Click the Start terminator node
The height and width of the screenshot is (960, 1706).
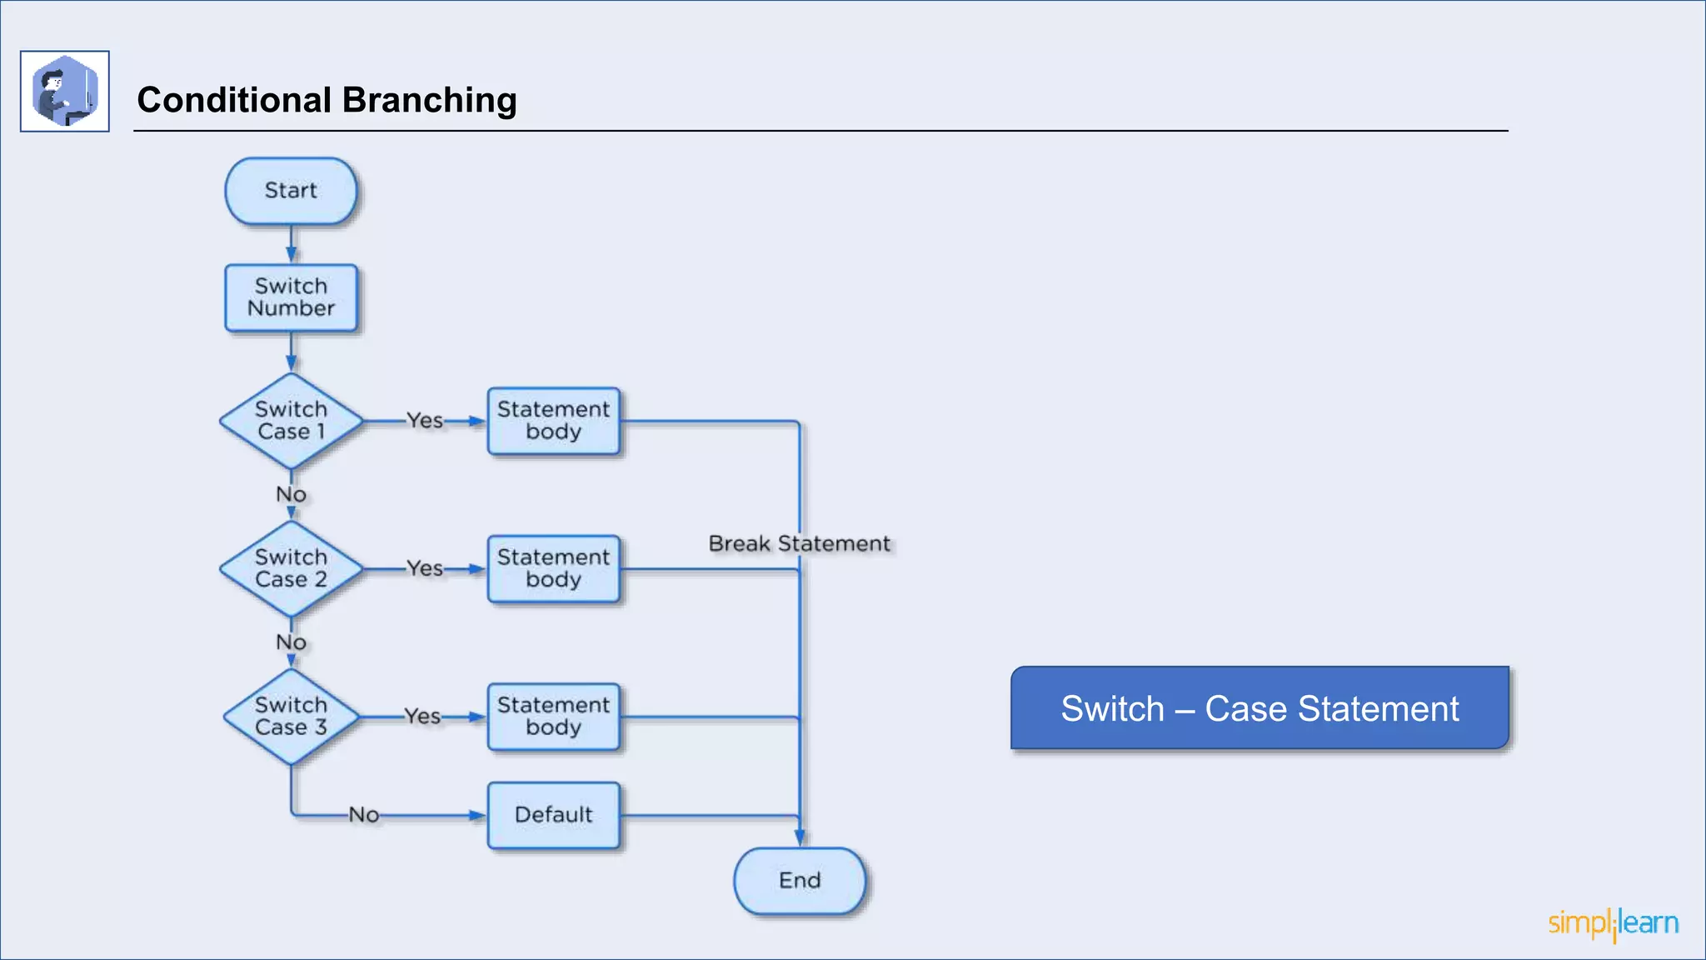pyautogui.click(x=291, y=191)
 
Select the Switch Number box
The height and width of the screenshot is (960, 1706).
pyautogui.click(x=291, y=297)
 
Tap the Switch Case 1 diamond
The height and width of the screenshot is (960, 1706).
pyautogui.click(x=291, y=421)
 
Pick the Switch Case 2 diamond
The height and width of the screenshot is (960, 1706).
pyautogui.click(x=291, y=568)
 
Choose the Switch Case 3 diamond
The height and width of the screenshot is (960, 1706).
pyautogui.click(x=291, y=717)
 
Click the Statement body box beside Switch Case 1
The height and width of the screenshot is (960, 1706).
pyautogui.click(x=553, y=421)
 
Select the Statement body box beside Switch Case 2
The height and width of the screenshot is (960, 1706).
pyautogui.click(x=553, y=568)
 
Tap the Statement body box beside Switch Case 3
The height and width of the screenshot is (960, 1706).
pyautogui.click(x=553, y=717)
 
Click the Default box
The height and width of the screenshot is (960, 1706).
pyautogui.click(x=553, y=815)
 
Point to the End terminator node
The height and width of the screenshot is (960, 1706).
pyautogui.click(x=799, y=881)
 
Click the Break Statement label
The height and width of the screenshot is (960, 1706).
pyautogui.click(x=799, y=544)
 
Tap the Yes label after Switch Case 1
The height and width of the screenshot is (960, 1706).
pyautogui.click(x=424, y=421)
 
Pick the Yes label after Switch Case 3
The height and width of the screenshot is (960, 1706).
pyautogui.click(x=422, y=717)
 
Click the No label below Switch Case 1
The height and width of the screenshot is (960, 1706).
pyautogui.click(x=291, y=495)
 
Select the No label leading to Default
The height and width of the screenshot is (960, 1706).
pyautogui.click(x=364, y=815)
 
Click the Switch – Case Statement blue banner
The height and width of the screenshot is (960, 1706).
pyautogui.click(x=1260, y=708)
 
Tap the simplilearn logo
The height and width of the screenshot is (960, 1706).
pyautogui.click(x=1613, y=924)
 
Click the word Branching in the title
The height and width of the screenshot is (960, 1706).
pyautogui.click(x=429, y=100)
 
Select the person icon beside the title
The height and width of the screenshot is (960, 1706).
pyautogui.click(x=65, y=91)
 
